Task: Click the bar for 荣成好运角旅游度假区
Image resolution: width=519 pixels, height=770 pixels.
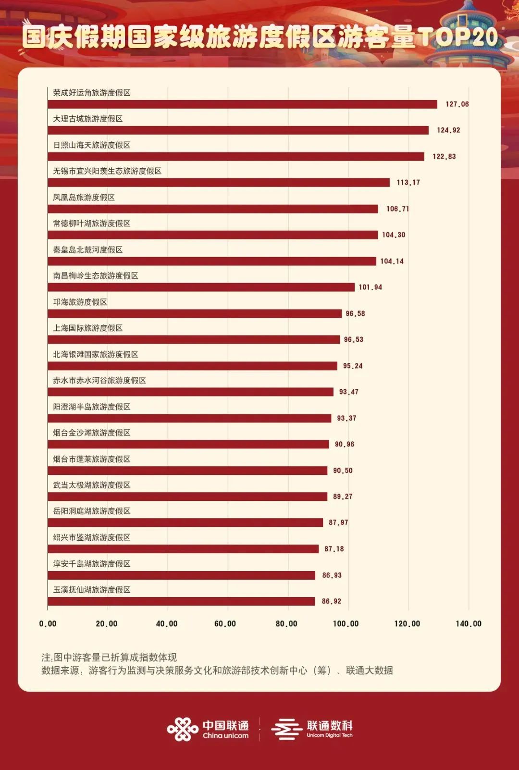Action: coord(243,104)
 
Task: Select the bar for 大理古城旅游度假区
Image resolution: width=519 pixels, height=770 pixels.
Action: coord(238,130)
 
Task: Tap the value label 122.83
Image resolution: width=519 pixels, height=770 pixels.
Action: coord(444,157)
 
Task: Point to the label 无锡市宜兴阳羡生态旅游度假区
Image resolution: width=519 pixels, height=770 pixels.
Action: coord(107,171)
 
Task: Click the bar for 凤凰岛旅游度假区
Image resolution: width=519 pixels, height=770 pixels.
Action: coord(213,209)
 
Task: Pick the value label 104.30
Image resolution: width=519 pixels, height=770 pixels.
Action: coord(394,235)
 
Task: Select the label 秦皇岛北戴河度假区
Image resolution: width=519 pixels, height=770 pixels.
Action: coord(88,250)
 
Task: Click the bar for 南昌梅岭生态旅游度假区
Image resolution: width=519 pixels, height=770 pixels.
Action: coord(201,287)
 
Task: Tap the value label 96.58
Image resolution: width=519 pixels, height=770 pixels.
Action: coord(355,314)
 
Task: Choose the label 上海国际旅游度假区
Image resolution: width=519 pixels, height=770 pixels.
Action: coord(88,328)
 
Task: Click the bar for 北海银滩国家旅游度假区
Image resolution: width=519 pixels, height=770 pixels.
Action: coord(193,366)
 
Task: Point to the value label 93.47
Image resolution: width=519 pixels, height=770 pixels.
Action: coord(349,392)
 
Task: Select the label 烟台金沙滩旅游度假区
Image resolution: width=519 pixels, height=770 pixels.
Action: coord(92,433)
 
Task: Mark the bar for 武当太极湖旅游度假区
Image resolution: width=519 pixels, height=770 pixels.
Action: coord(187,497)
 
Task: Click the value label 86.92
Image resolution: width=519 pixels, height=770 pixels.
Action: coord(332,601)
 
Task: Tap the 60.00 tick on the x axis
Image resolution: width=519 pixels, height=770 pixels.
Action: coord(225,624)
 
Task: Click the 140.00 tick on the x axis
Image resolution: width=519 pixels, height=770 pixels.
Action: coord(469,624)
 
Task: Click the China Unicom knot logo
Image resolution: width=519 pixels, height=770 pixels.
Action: coord(183,729)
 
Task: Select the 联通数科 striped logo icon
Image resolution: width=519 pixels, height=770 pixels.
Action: coord(286,729)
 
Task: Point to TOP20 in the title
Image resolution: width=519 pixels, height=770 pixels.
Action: coord(457,37)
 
